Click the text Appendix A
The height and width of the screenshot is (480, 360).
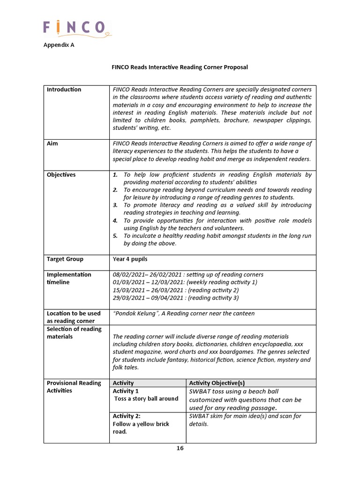click(x=59, y=45)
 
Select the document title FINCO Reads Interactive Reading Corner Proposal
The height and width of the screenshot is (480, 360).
click(x=180, y=67)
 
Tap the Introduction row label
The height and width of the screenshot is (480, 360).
click(x=64, y=90)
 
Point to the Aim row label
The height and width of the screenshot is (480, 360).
click(x=52, y=143)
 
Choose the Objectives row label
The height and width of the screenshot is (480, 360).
click(x=61, y=175)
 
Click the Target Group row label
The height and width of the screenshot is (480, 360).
click(x=65, y=259)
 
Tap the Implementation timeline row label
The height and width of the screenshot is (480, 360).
click(x=69, y=278)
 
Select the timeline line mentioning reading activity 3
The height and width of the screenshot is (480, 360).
click(x=176, y=298)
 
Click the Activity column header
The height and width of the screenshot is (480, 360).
click(x=123, y=383)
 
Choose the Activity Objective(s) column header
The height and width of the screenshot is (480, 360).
click(x=211, y=383)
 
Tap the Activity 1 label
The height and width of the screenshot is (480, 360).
click(x=126, y=391)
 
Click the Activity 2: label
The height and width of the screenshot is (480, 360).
click(x=127, y=416)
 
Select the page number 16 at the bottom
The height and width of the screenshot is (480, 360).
click(x=180, y=448)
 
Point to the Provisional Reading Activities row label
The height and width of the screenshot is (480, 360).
click(x=74, y=387)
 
